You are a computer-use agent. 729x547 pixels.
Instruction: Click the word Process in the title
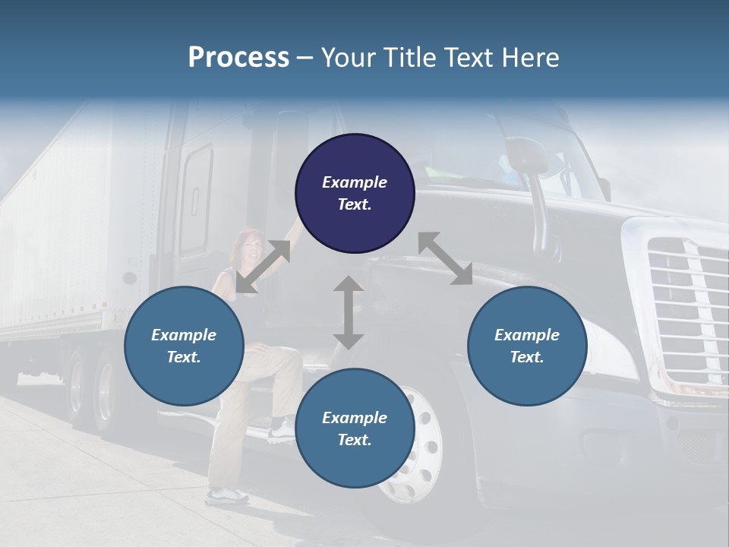pyautogui.click(x=238, y=57)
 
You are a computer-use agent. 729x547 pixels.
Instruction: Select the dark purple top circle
pyautogui.click(x=355, y=194)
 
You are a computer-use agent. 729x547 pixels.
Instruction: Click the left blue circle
pyautogui.click(x=184, y=346)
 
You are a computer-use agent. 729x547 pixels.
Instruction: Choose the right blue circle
pyautogui.click(x=527, y=346)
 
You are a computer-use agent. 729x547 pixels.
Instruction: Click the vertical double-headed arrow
pyautogui.click(x=349, y=312)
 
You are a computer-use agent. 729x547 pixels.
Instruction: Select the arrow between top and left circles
pyautogui.click(x=263, y=267)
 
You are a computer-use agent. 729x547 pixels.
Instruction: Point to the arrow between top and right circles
pyautogui.click(x=445, y=259)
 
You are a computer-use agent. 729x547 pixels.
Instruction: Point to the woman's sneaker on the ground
pyautogui.click(x=226, y=496)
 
